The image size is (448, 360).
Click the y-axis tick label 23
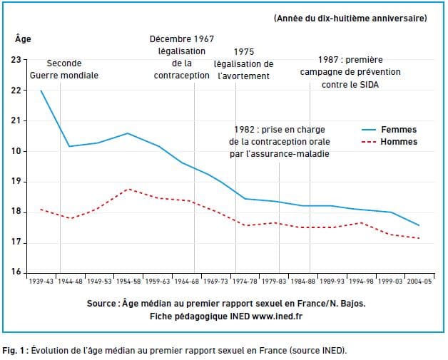pos(16,60)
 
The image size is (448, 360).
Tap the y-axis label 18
pos(16,212)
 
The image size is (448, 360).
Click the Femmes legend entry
pos(400,130)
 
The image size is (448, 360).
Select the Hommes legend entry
pos(400,142)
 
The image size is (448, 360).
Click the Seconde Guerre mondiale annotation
pos(64,69)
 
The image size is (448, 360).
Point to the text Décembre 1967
pos(182,39)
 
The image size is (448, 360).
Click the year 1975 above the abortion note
pos(244,52)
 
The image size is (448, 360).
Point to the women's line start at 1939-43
pos(41,91)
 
